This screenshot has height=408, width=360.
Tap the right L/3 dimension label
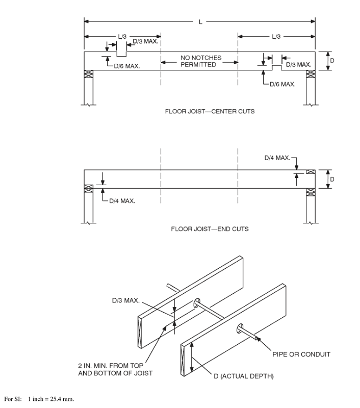(275, 37)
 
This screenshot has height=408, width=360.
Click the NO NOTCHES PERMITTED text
(200, 61)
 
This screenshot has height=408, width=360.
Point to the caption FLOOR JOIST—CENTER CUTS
(210, 111)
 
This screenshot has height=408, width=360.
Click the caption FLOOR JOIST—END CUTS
(210, 229)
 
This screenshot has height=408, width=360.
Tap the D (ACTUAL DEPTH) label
(243, 376)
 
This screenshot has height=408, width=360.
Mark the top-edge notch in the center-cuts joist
(121, 54)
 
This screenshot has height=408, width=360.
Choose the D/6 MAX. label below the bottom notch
(282, 84)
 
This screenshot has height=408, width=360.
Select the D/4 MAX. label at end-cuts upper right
(277, 158)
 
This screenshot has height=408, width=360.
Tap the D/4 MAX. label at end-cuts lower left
(122, 201)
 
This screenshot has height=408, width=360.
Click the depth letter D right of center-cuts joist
(332, 61)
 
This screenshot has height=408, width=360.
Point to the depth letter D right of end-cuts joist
(332, 180)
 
